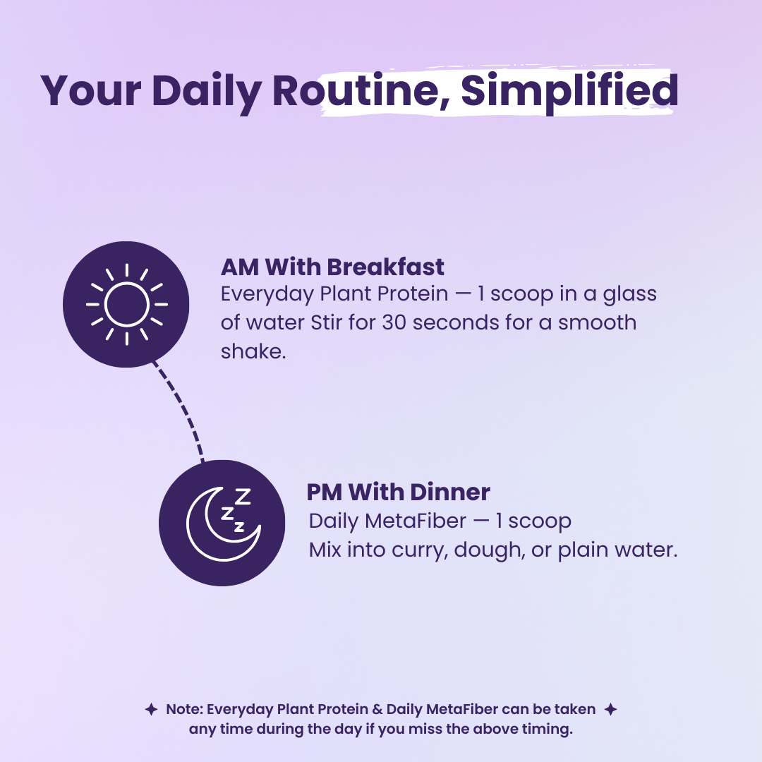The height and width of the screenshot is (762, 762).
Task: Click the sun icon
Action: click(x=126, y=305)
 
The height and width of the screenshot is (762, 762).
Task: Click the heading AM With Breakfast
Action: click(x=332, y=267)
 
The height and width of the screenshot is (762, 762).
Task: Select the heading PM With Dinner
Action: click(x=398, y=492)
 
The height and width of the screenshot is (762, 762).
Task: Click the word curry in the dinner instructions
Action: click(x=421, y=550)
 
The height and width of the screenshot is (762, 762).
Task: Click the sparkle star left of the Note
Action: click(x=150, y=709)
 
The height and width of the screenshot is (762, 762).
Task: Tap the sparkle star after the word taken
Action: click(x=611, y=709)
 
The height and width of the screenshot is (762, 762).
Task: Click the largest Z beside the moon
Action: click(x=243, y=497)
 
